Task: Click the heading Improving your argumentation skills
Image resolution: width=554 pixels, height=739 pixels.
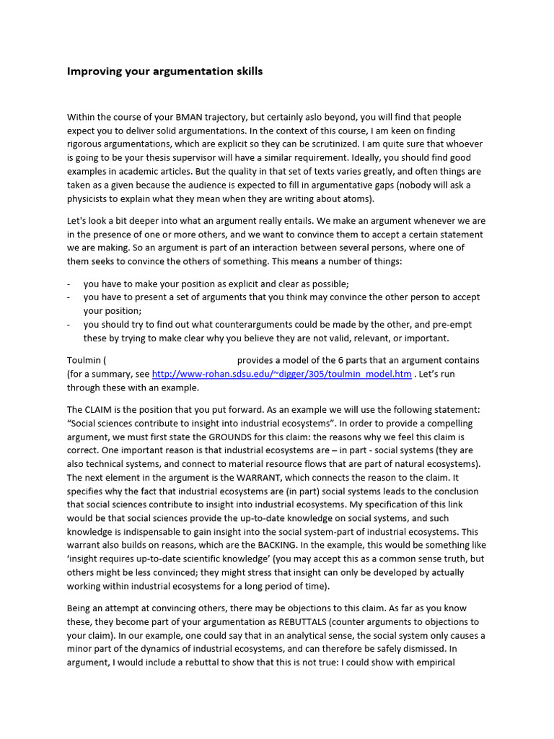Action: click(164, 71)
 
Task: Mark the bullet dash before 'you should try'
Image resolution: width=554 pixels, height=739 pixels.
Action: click(69, 325)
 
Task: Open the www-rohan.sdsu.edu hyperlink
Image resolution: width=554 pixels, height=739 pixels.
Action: click(282, 374)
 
